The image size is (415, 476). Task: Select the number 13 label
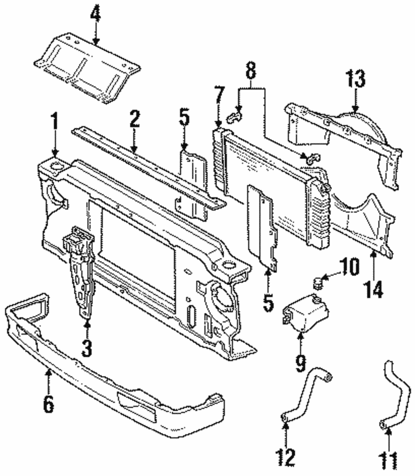tap(356, 79)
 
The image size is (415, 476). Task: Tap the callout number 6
tap(49, 405)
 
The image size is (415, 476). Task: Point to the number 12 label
tap(286, 456)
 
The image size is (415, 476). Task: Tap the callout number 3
tap(86, 348)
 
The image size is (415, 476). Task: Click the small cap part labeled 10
tap(317, 284)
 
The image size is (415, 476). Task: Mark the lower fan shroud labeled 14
tap(365, 224)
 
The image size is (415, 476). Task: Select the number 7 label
tap(219, 96)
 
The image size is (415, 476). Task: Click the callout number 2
tap(134, 119)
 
